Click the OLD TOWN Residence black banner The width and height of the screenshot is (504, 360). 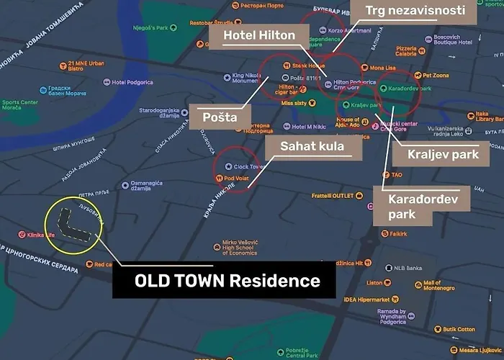click(224, 280)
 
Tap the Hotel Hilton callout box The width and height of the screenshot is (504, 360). click(257, 35)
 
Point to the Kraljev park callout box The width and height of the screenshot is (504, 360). click(438, 153)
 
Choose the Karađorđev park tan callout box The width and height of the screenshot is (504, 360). click(421, 205)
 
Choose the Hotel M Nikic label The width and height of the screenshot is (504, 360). click(308, 127)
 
